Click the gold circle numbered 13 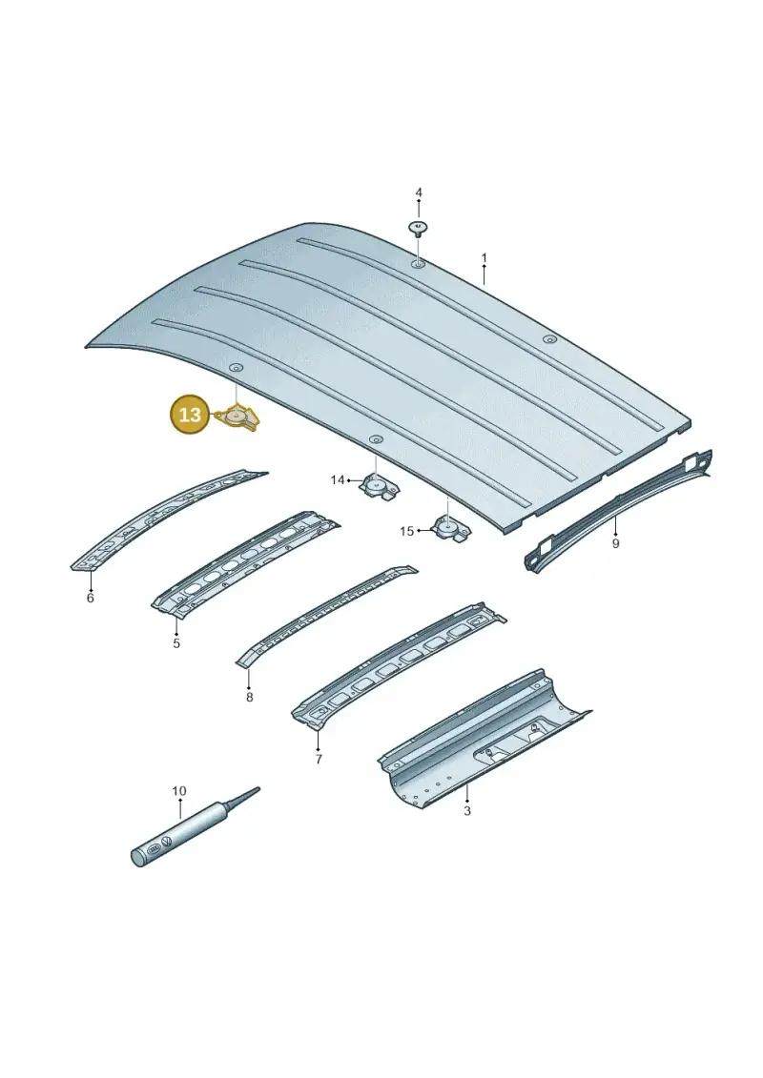click(190, 414)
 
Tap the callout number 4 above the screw click(419, 193)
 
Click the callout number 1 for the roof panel click(484, 258)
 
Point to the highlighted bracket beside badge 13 click(238, 418)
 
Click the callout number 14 click(337, 479)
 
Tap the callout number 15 click(406, 531)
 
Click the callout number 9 click(615, 544)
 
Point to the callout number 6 click(90, 599)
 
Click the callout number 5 click(176, 643)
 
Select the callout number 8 click(249, 697)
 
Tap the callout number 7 click(319, 760)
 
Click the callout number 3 click(467, 811)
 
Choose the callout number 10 click(179, 791)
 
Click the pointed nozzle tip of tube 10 click(258, 788)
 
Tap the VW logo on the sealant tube click(167, 843)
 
